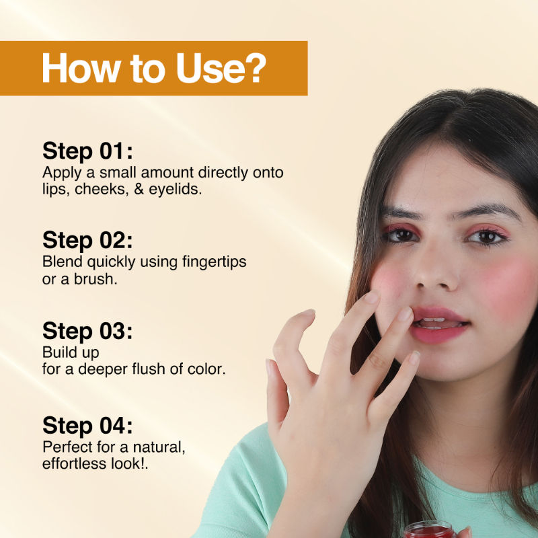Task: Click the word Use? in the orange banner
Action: [221, 68]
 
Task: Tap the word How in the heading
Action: [81, 68]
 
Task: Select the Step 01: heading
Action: [87, 151]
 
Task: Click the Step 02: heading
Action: [87, 240]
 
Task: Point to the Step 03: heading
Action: [87, 331]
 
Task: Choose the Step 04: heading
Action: [87, 426]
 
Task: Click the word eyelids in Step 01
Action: [174, 190]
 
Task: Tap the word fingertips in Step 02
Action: [214, 262]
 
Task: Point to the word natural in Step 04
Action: [158, 447]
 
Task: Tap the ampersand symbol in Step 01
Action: [139, 190]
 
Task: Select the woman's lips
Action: [440, 325]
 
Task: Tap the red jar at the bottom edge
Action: [430, 530]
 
